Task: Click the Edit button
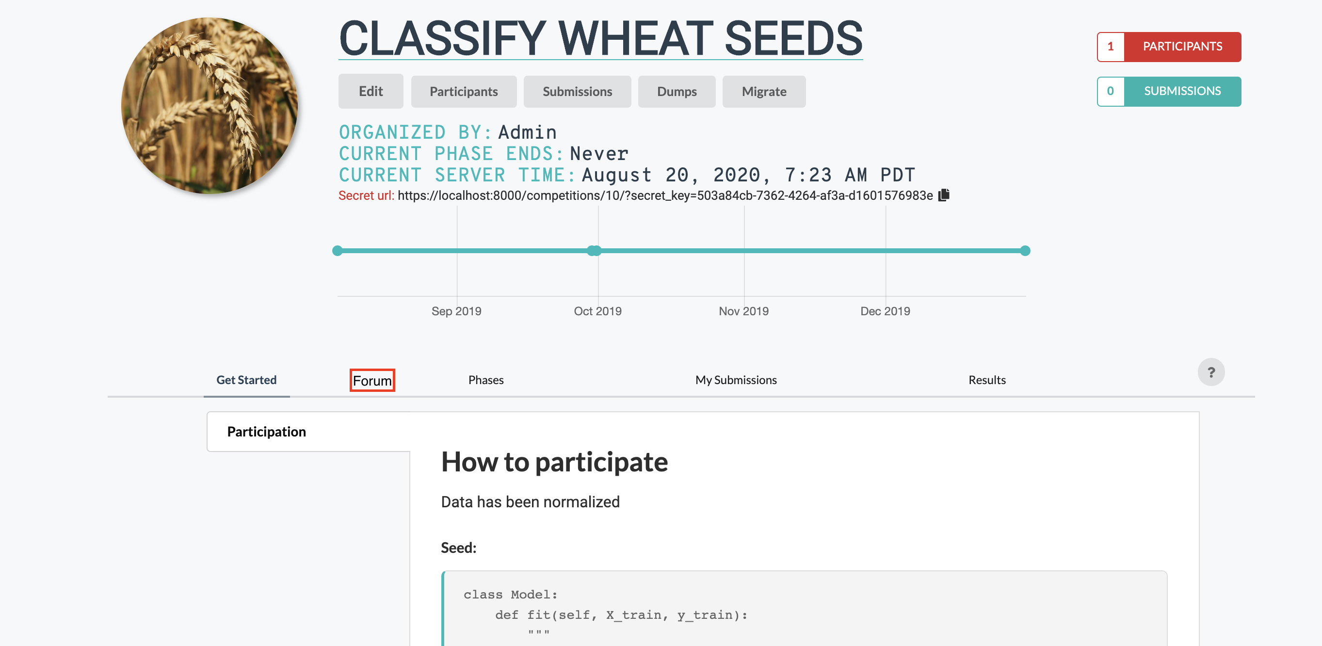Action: tap(371, 91)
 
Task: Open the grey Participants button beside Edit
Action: tap(464, 91)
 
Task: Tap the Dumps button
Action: tap(677, 91)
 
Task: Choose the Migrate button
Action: tap(764, 91)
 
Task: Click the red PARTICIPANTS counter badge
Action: tap(1169, 47)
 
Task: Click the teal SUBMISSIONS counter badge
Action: tap(1169, 91)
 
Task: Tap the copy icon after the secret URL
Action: tap(944, 195)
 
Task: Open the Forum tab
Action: tap(372, 380)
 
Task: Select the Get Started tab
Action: tap(246, 380)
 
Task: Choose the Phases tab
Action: tap(485, 380)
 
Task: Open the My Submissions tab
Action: tap(735, 380)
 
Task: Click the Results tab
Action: tap(986, 380)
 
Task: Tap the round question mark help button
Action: tap(1210, 372)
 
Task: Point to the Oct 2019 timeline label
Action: tap(597, 311)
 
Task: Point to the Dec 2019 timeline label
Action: tap(885, 311)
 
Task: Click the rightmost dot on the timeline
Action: tap(1025, 250)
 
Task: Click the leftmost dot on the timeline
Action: tap(337, 250)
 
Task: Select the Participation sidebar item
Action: tap(266, 432)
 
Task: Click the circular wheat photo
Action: tap(210, 106)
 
